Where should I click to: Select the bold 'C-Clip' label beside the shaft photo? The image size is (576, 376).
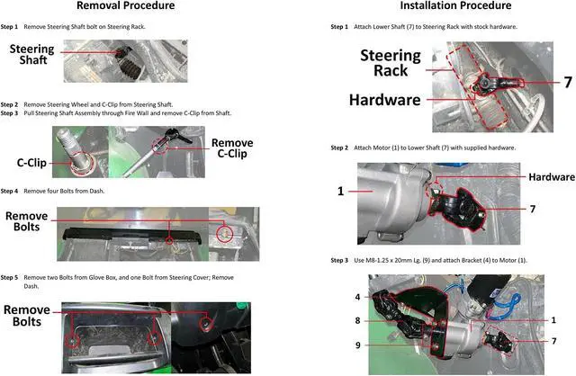pos(32,164)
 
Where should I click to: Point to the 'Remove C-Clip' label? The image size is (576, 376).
pos(231,149)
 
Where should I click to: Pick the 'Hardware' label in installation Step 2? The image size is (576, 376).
pos(552,177)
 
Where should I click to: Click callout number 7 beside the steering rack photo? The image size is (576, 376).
pos(567,82)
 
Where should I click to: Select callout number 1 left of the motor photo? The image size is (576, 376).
pos(340,192)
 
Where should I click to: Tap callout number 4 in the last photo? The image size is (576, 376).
pos(357,297)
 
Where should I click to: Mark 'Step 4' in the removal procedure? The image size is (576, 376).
pos(9,191)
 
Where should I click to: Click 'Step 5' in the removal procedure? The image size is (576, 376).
pos(9,278)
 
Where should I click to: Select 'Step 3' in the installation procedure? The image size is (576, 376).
pos(339,260)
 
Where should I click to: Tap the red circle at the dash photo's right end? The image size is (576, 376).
pos(226,233)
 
